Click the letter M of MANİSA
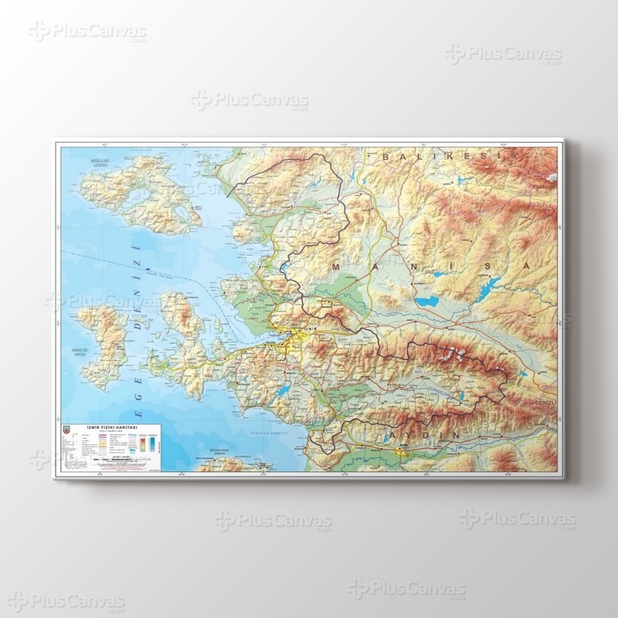click(x=335, y=266)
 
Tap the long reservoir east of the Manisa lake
click(x=479, y=289)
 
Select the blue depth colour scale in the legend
click(x=152, y=445)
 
